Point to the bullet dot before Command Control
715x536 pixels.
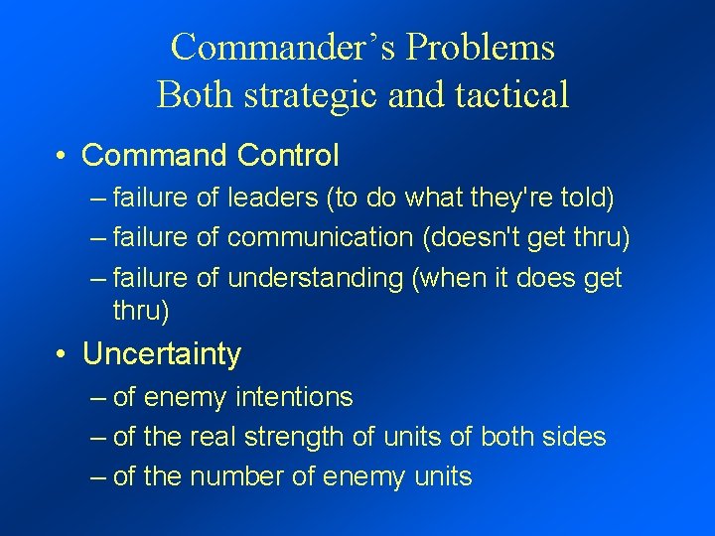click(x=62, y=156)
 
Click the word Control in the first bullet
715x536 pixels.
click(x=288, y=156)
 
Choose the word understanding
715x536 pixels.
click(x=315, y=278)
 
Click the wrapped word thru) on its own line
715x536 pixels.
click(x=141, y=311)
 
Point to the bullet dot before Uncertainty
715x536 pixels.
click(x=62, y=354)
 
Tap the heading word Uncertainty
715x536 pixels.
click(x=162, y=354)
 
